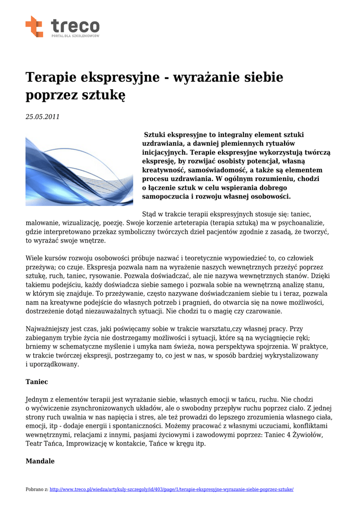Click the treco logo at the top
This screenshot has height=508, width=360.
point(63,27)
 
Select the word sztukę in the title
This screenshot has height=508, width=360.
point(106,95)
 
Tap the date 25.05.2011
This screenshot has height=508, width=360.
point(42,117)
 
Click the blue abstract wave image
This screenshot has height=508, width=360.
point(79,171)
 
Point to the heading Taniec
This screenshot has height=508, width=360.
point(36,382)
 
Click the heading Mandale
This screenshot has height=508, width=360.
point(40,461)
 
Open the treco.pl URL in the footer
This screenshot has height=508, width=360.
point(172,489)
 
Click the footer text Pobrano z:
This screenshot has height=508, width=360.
point(37,489)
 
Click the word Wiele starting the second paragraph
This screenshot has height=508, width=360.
point(35,258)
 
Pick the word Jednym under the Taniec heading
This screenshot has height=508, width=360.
point(39,399)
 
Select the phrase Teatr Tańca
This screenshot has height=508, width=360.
point(44,444)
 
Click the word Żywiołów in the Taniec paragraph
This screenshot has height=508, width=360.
point(308,435)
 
